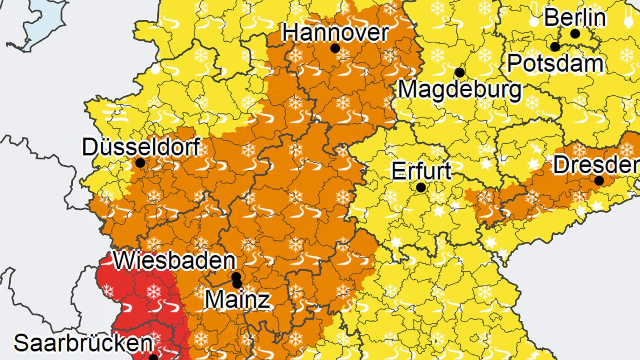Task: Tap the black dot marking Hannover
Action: pyautogui.click(x=335, y=48)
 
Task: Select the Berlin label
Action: pyautogui.click(x=575, y=18)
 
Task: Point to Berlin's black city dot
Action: pyautogui.click(x=575, y=34)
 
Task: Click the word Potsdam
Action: pyautogui.click(x=555, y=63)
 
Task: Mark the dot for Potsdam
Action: pyautogui.click(x=555, y=47)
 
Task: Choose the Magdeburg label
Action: pyautogui.click(x=460, y=90)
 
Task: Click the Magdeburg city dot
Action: pyautogui.click(x=460, y=73)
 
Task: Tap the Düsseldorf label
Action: pyautogui.click(x=141, y=147)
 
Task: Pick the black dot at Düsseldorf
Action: pyautogui.click(x=140, y=163)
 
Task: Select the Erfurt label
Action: pyautogui.click(x=421, y=171)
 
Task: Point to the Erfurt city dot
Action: pyautogui.click(x=421, y=187)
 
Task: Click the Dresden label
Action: pyautogui.click(x=596, y=164)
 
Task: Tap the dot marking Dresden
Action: pyautogui.click(x=599, y=180)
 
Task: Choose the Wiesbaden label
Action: pyautogui.click(x=175, y=260)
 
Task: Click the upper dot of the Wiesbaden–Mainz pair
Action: pyautogui.click(x=236, y=276)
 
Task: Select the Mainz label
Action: pyautogui.click(x=238, y=300)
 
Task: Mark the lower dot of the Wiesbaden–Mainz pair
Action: pyautogui.click(x=237, y=284)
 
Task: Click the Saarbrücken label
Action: pyautogui.click(x=84, y=343)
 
